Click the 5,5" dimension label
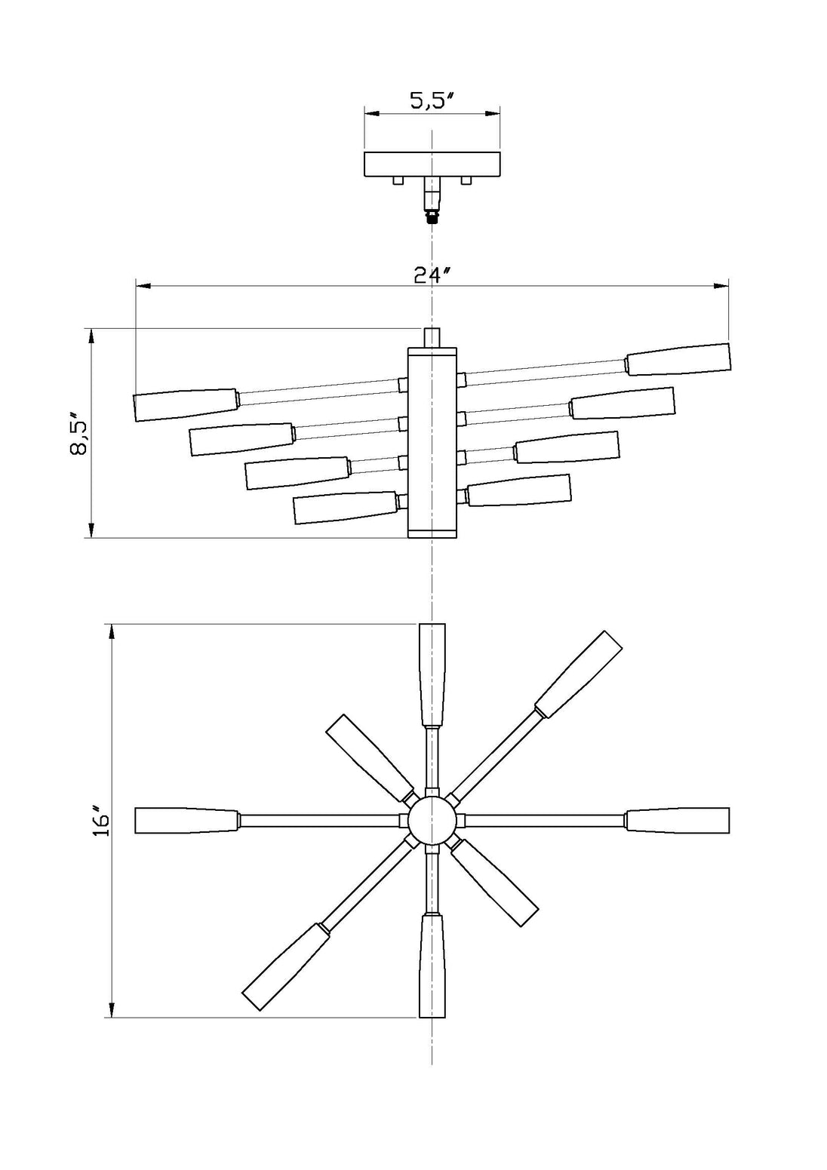431,100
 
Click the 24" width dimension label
431,275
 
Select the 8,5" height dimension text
79,434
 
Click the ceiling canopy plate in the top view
432,164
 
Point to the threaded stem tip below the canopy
432,220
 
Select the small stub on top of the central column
432,337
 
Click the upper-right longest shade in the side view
679,359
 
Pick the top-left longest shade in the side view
186,404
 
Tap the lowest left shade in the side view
345,508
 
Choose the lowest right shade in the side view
519,490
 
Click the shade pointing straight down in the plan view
432,966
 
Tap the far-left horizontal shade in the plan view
187,821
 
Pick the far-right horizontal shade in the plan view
678,821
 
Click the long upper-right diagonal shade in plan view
579,673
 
